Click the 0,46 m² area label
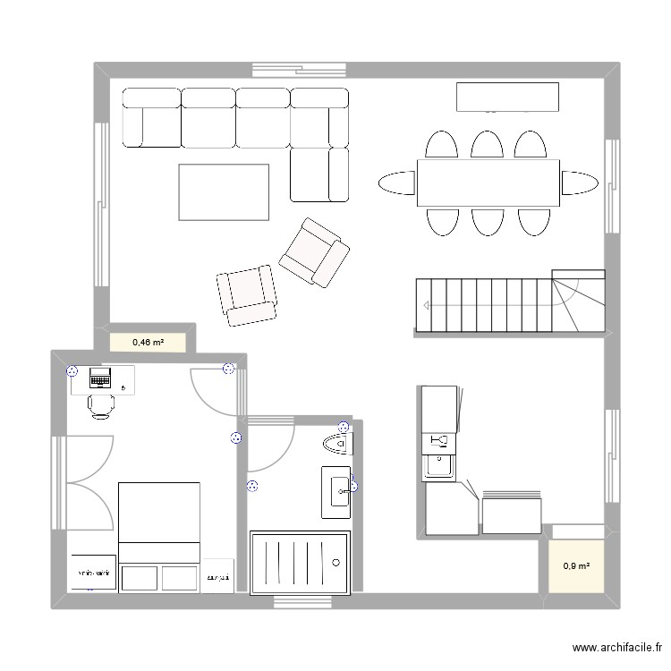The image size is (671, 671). (148, 342)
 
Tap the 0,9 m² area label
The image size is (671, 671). (576, 565)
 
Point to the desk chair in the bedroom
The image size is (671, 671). (100, 405)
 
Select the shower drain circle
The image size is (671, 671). (336, 563)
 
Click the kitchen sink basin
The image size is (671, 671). (438, 464)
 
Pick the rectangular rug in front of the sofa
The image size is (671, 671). (224, 191)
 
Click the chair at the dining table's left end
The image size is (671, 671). (396, 183)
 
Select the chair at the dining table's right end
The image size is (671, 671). (579, 183)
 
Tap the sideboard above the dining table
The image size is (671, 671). (507, 97)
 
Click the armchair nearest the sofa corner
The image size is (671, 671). (313, 252)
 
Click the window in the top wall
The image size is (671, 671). (298, 69)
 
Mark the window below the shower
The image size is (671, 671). (300, 600)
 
